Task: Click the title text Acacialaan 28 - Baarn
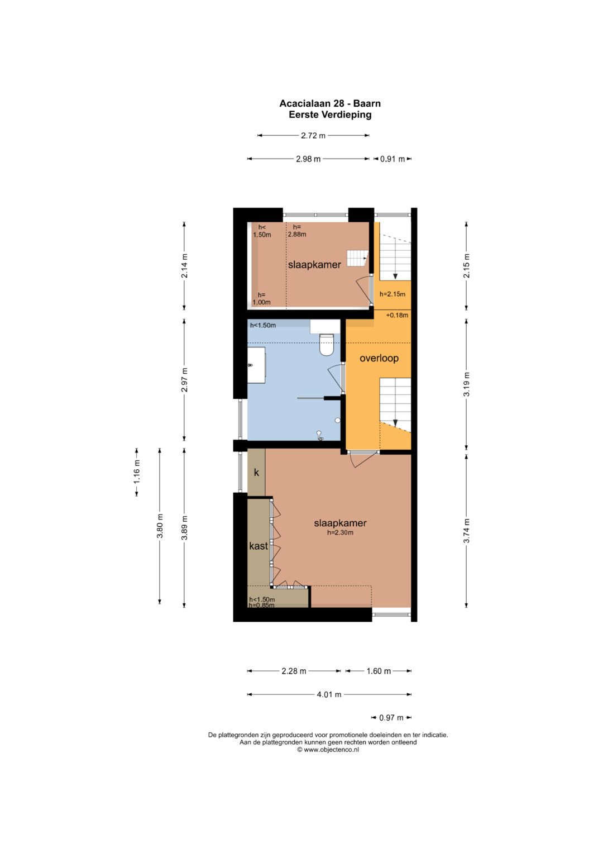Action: (329, 103)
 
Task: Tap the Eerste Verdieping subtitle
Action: (329, 115)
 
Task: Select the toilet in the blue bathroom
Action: (326, 344)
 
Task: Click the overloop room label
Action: (379, 358)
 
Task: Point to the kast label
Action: (259, 546)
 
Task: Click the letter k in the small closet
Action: (256, 472)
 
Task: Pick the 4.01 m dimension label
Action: (329, 694)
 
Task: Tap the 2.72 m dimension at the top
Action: (313, 135)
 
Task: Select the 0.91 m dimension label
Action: (392, 159)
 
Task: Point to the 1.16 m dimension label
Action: (137, 472)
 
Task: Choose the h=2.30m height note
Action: (340, 532)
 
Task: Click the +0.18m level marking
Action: (396, 315)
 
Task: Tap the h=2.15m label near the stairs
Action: (392, 294)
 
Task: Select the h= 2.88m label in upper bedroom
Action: (297, 231)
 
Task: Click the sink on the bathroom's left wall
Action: (257, 365)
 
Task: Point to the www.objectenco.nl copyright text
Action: (328, 750)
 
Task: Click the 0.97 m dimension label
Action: (391, 718)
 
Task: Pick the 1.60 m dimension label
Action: (379, 671)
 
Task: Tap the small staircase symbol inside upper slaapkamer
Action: (357, 258)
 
